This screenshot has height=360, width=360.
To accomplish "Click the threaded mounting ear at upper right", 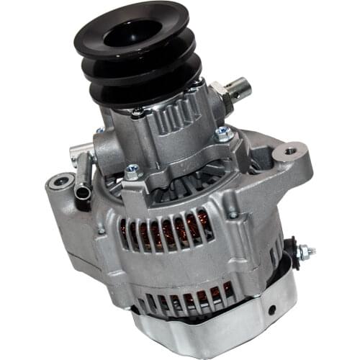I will (291, 153).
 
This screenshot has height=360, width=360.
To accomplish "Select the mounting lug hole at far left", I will (55, 183).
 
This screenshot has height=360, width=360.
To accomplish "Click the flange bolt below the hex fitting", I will (223, 133).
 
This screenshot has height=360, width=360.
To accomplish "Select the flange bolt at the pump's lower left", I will (132, 172).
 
